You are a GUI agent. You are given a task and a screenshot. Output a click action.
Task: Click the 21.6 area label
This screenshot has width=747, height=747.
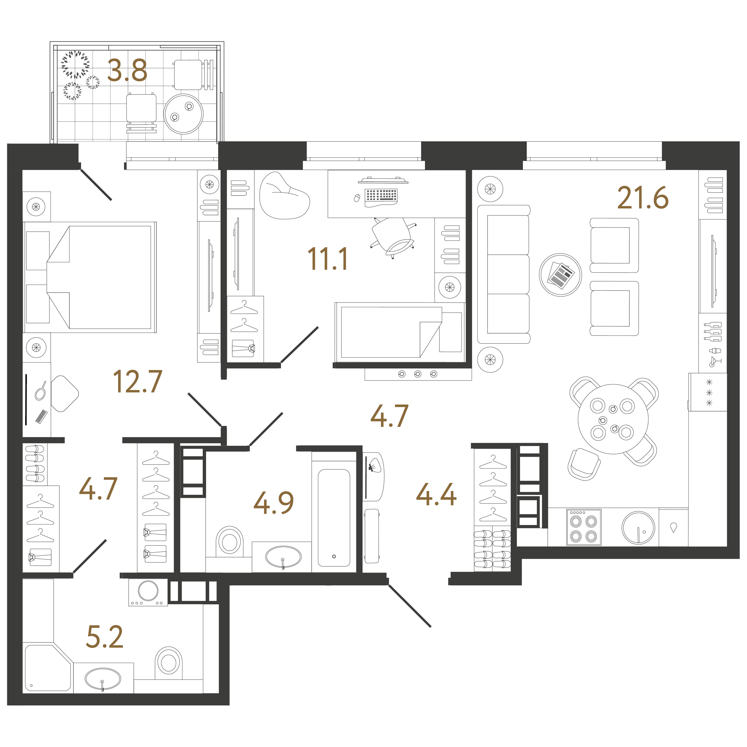click(643, 198)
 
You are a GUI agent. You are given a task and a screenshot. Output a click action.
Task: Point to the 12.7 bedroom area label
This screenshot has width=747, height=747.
click(138, 382)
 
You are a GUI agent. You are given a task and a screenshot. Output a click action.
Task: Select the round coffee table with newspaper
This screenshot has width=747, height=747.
click(560, 275)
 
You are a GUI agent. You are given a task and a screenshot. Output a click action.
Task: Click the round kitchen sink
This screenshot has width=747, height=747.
click(638, 528)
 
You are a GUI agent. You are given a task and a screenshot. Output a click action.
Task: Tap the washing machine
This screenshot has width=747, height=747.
click(148, 592)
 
